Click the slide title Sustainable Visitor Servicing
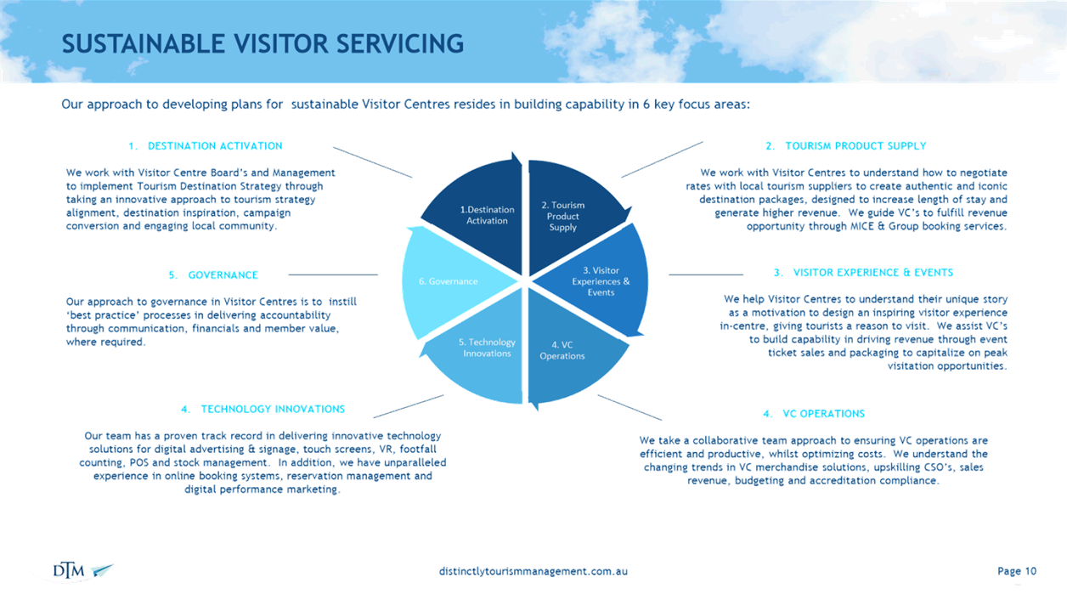263,44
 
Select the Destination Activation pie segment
481,214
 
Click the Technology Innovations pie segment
481,353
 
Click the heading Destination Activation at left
215,146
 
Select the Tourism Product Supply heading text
855,146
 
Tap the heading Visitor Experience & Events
873,273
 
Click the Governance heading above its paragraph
223,275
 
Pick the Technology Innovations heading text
273,409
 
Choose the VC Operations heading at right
823,414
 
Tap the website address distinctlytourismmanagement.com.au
533,571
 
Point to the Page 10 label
1017,571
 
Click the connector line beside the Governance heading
333,275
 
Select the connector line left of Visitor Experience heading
706,275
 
